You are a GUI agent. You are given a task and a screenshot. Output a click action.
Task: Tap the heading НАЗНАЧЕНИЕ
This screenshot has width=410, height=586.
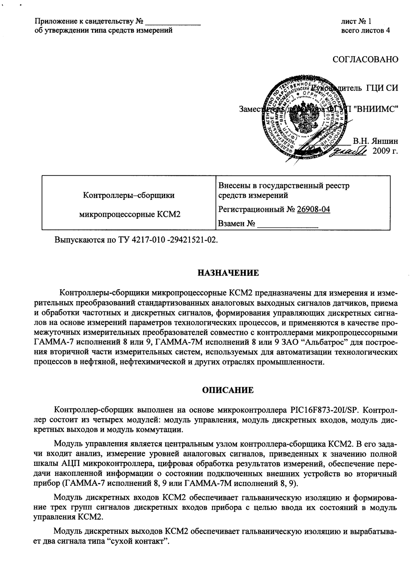click(228, 273)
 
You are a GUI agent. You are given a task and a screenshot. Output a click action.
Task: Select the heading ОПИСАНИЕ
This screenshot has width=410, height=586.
click(228, 390)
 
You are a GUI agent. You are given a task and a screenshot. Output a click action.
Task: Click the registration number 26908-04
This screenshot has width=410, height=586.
click(313, 210)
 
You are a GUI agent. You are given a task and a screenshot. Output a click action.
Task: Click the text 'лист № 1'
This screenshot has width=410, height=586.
click(356, 22)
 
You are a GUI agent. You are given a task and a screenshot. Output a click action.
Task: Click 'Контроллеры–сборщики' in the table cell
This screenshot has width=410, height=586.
click(129, 195)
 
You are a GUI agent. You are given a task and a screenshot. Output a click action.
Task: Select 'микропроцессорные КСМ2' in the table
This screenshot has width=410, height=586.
click(129, 214)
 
